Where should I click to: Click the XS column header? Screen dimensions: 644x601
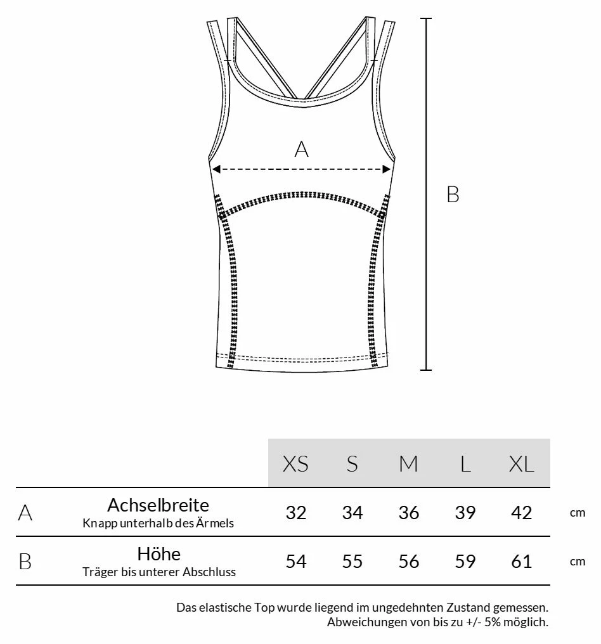point(295,464)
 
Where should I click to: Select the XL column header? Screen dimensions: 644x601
point(521,464)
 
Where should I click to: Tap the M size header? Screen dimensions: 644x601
point(408,464)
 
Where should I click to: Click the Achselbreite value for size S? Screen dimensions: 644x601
point(352,512)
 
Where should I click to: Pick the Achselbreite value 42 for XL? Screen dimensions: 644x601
point(521,512)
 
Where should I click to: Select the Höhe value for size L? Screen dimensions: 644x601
point(465,562)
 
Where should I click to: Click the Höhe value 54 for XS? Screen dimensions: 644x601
point(295,562)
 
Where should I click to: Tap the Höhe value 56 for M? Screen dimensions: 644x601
point(408,562)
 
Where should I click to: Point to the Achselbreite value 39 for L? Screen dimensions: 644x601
point(465,512)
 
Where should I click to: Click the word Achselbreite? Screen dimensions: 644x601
point(158,505)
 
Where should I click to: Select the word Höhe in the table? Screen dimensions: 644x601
point(158,555)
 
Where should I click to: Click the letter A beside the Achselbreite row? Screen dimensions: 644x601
point(25,513)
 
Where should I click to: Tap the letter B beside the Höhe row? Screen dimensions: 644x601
point(25,562)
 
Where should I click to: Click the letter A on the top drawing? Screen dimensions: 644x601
point(301,150)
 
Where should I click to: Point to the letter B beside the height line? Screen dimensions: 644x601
point(453,195)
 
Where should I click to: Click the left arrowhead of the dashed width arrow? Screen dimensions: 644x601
point(216,169)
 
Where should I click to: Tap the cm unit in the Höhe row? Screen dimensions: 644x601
point(577,562)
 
